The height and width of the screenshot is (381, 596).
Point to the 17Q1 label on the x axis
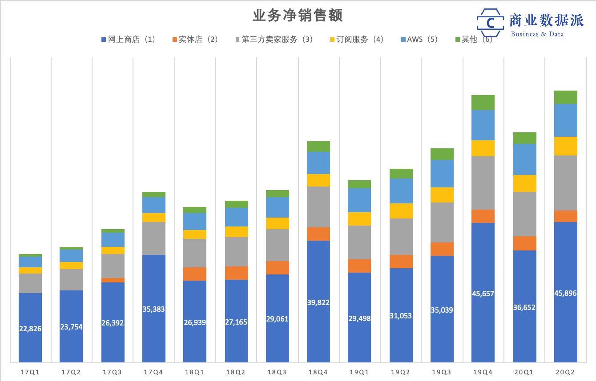[x=30, y=372]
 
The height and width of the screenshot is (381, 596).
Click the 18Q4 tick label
[x=318, y=372]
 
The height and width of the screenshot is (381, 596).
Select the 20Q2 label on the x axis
[x=566, y=372]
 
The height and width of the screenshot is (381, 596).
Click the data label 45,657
[x=483, y=294]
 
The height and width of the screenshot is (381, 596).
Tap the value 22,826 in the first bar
[x=30, y=329]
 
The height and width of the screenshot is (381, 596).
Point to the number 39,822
[x=318, y=302]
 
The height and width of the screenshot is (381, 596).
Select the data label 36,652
[x=525, y=307]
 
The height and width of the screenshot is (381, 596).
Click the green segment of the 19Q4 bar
[x=483, y=103]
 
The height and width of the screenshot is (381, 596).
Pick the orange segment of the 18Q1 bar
[x=195, y=274]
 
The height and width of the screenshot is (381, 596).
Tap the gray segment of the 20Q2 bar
[x=566, y=183]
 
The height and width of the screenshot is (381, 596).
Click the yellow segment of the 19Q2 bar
[x=401, y=211]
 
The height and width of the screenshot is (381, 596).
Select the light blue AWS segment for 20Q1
[x=525, y=159]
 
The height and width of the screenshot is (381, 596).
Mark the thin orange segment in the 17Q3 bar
[x=113, y=280]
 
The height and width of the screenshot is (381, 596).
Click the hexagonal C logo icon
[x=491, y=22]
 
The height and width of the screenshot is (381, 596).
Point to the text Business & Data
[x=537, y=34]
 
